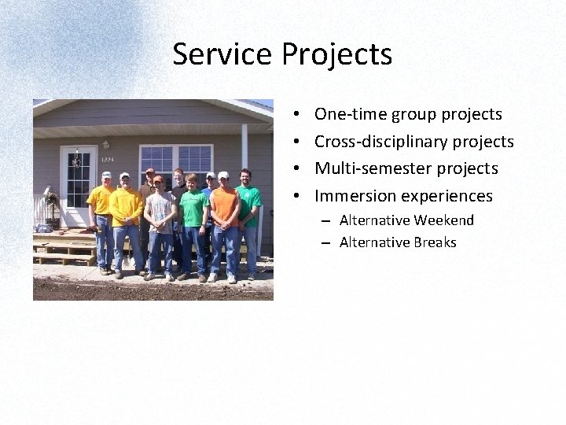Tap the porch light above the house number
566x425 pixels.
click(x=105, y=145)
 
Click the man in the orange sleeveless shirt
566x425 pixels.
click(x=226, y=213)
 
